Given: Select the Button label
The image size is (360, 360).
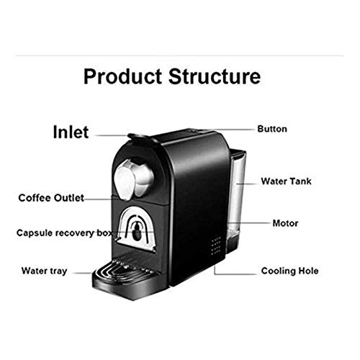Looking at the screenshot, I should coord(272,130).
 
